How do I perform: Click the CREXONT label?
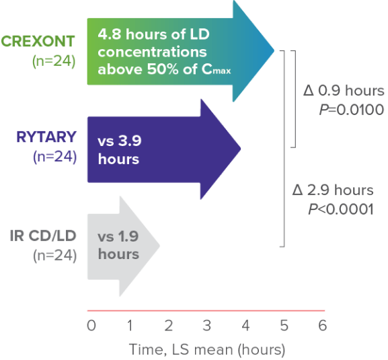tap(38, 41)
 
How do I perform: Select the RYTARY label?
tap(46, 137)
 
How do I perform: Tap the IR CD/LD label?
tap(43, 236)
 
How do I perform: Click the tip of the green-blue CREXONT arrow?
tap(274, 50)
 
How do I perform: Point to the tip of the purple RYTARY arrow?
tap(241, 149)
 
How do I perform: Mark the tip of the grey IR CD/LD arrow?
tap(159, 246)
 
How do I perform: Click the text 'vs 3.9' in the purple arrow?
tap(120, 141)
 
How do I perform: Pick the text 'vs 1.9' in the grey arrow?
tap(118, 236)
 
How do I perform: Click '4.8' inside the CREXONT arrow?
tap(110, 34)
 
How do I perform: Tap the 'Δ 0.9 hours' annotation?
tap(344, 90)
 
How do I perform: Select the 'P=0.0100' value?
tap(352, 110)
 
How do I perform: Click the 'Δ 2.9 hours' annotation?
tap(333, 190)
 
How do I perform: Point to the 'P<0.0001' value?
tap(341, 209)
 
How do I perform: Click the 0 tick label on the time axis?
tap(91, 325)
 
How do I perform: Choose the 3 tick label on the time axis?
tap(207, 325)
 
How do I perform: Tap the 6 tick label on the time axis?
tap(323, 325)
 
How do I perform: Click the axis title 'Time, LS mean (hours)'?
tap(207, 350)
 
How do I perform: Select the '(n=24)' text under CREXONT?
tap(54, 61)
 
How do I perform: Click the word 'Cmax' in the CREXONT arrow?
tap(216, 69)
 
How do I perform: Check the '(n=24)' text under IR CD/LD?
tap(55, 255)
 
